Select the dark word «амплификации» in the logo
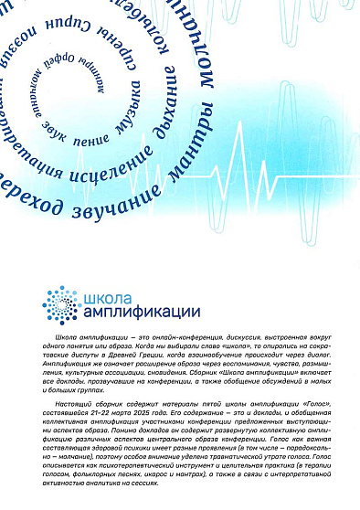tap(129, 312)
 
